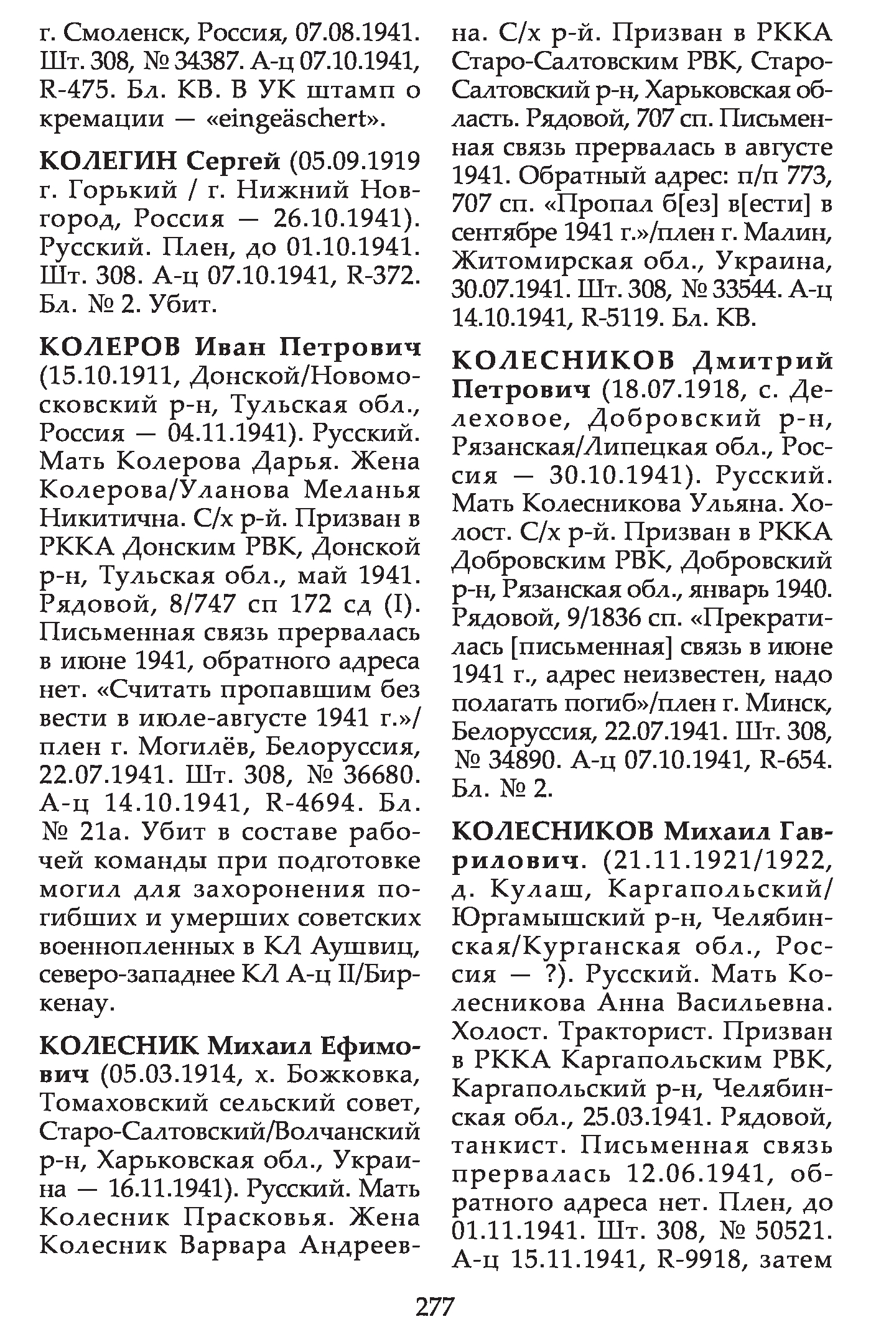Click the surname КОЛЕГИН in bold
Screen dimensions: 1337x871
point(108,163)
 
